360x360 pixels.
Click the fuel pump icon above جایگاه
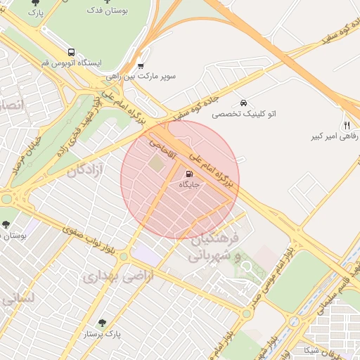188,174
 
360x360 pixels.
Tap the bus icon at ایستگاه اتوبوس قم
71,52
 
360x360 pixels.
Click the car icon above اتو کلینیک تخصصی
243,103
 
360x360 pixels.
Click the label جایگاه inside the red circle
189,185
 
